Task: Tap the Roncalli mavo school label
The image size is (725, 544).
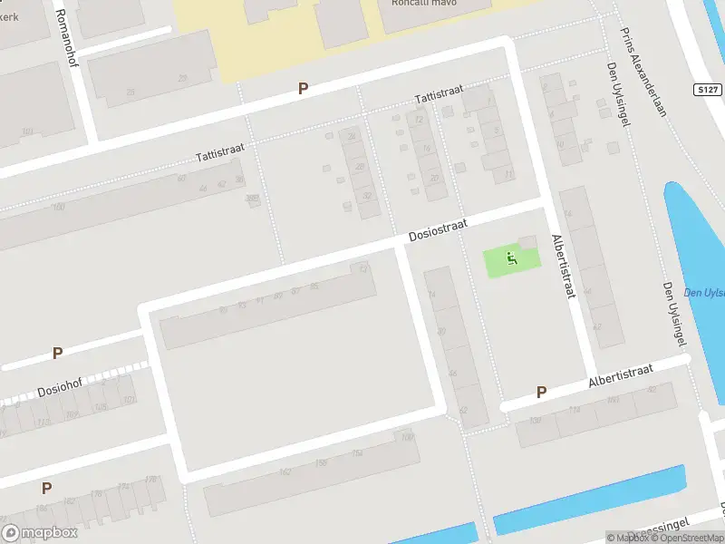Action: pos(423,4)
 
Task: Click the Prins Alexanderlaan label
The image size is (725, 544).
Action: pos(643,71)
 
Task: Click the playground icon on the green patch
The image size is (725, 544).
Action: pos(512,259)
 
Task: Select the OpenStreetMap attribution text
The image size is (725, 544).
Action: pos(687,538)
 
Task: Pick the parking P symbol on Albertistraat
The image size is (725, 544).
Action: pos(541,393)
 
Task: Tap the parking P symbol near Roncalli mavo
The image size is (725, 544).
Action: pos(304,89)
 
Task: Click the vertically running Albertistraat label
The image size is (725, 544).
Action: pos(564,267)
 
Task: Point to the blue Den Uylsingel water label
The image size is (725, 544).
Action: pos(703,292)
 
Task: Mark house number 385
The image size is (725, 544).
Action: pos(252,199)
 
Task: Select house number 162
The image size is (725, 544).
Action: pos(286,471)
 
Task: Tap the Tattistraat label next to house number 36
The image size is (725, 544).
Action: pos(216,155)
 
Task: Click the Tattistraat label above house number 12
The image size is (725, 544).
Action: pos(439,96)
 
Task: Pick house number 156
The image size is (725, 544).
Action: pos(321,462)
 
